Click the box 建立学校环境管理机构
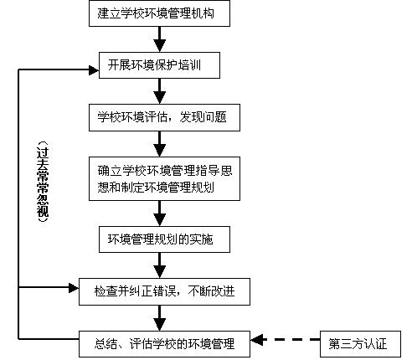159,13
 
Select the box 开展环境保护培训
159,65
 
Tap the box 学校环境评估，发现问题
164,117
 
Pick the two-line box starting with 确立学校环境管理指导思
164,178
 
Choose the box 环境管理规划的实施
164,239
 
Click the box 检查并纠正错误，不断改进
164,291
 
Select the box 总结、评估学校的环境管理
164,344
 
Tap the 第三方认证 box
360,344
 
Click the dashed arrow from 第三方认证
286,340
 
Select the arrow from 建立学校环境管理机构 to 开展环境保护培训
160,39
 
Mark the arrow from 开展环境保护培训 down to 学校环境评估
160,91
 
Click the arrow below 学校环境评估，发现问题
160,144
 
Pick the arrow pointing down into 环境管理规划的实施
160,213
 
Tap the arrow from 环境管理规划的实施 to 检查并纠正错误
160,265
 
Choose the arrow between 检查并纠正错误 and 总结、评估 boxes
160,318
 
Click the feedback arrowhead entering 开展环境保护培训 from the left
94,69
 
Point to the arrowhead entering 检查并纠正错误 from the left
74,287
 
